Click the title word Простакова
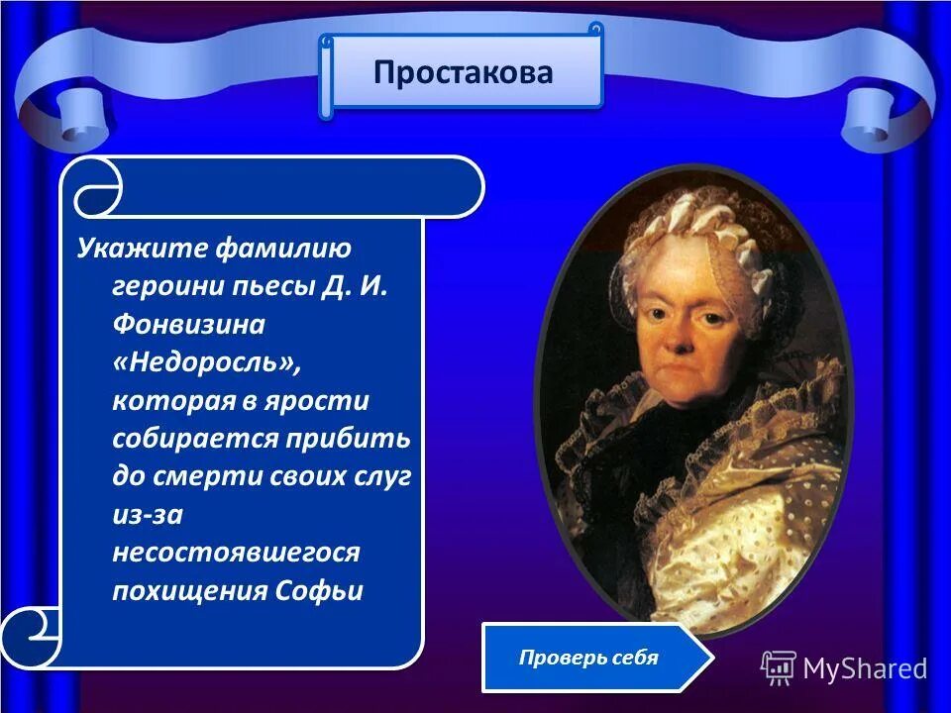pyautogui.click(x=463, y=73)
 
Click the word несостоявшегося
pyautogui.click(x=236, y=553)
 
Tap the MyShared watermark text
pyautogui.click(x=865, y=668)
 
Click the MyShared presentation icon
pyautogui.click(x=779, y=668)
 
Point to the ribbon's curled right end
pyautogui.click(x=887, y=114)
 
